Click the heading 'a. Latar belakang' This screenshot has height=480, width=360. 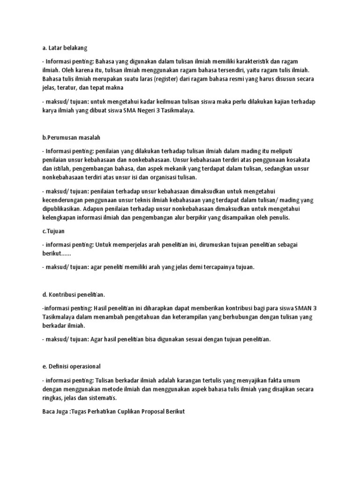coord(64,48)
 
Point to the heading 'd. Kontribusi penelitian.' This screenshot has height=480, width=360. coord(74,294)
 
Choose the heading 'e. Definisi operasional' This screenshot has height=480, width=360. coord(71,366)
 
